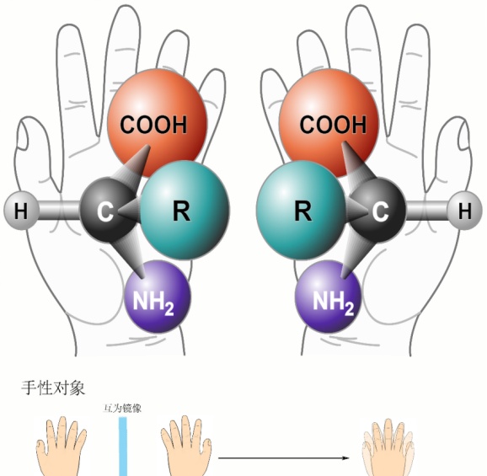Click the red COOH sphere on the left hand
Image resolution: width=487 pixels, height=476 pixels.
point(157,123)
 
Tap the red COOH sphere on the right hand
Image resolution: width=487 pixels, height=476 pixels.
point(329,123)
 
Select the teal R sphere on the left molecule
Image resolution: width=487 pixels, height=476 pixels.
point(185,210)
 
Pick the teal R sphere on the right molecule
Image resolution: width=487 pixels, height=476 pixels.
point(301,210)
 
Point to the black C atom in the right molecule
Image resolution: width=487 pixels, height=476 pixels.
point(378,210)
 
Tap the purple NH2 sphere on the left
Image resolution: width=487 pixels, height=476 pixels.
point(158,297)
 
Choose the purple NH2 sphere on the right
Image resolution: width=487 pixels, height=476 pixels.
point(328,297)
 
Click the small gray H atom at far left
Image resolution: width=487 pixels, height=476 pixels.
point(21,211)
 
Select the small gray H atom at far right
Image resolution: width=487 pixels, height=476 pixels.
point(464,211)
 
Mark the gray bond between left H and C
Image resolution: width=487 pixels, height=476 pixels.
point(59,211)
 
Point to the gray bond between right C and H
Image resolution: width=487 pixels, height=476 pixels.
point(426,211)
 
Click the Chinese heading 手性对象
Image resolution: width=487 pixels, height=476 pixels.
point(53,388)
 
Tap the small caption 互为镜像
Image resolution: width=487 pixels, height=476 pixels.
point(122,409)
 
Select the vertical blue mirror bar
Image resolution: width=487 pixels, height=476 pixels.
point(123,447)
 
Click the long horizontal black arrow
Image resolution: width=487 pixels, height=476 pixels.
point(284,458)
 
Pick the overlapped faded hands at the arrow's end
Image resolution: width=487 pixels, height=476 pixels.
point(388,447)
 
